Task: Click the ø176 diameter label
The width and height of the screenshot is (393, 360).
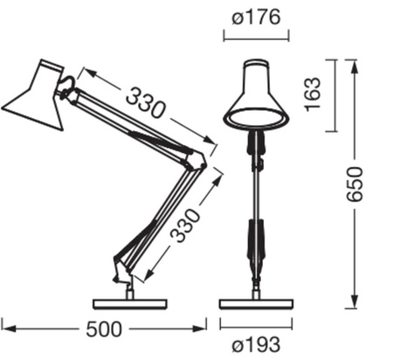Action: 256,15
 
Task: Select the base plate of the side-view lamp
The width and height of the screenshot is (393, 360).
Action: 129,303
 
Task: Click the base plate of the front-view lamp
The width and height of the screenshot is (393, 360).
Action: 255,303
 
